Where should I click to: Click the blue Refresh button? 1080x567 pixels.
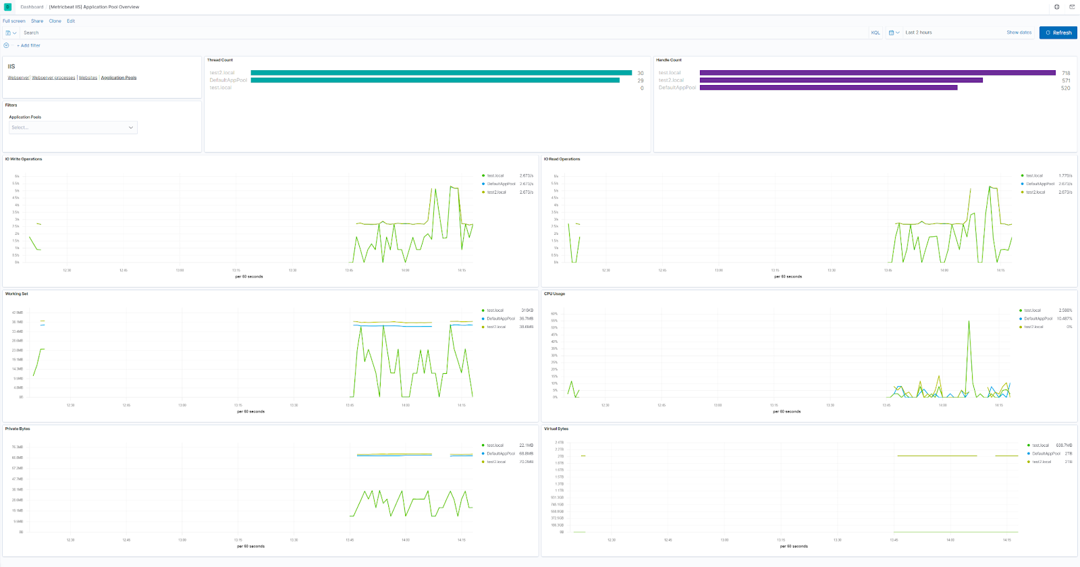point(1058,32)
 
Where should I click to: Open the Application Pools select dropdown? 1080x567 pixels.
point(73,128)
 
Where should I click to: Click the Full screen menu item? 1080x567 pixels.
point(14,21)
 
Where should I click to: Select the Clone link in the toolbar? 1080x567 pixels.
point(55,21)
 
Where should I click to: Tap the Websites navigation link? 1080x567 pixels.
point(88,78)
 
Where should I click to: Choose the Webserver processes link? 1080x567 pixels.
point(53,78)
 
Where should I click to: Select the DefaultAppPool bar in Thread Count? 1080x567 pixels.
point(435,80)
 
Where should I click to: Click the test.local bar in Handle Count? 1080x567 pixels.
point(878,73)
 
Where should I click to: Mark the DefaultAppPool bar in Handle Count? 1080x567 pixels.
point(828,88)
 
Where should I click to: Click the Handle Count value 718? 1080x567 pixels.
point(1066,73)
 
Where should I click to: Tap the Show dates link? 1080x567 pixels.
point(1019,32)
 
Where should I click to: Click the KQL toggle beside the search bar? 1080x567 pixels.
point(875,32)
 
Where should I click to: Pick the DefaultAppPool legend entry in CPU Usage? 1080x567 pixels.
point(1037,319)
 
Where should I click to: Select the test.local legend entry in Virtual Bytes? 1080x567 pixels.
point(1040,446)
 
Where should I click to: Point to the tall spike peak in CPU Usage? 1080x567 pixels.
point(969,321)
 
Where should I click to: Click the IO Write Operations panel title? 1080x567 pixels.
point(24,159)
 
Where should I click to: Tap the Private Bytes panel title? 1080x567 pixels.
point(18,429)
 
